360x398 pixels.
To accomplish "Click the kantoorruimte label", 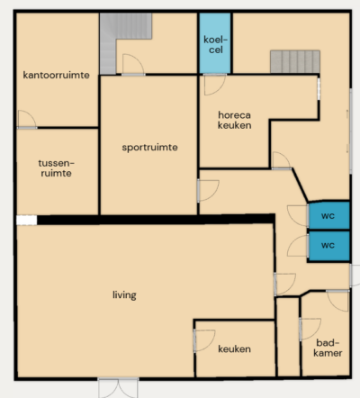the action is tap(57, 75).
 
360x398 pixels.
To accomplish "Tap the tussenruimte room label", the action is tap(56, 168).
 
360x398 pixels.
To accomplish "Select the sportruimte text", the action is tap(149, 148).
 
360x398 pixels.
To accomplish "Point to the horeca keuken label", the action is tap(234, 120).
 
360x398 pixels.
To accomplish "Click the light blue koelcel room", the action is tap(215, 43).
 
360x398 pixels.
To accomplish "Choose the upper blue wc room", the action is tap(329, 215).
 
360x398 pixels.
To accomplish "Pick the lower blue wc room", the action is tap(329, 246).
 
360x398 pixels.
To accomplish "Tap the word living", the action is tap(124, 295).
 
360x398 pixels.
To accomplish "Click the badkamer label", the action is tap(328, 348).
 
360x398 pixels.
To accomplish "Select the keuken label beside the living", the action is tap(234, 349).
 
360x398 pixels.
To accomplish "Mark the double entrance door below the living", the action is tap(118, 388).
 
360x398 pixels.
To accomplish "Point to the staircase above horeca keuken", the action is tap(295, 61).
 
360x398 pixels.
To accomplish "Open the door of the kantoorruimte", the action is tap(27, 120).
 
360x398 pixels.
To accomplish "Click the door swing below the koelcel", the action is tap(214, 85).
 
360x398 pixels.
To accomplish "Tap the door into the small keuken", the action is tap(204, 340).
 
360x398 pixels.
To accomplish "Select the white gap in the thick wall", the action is tap(27, 220).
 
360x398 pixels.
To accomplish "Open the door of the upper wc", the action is tap(298, 215).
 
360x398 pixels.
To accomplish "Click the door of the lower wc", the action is tap(298, 246).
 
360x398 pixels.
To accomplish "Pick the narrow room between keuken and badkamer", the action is tap(288, 337).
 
